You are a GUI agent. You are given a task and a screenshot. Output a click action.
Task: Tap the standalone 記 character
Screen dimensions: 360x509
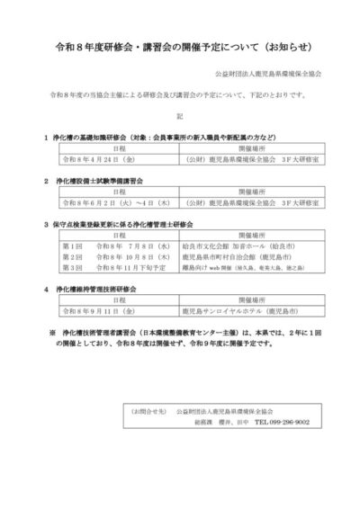[179, 115]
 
